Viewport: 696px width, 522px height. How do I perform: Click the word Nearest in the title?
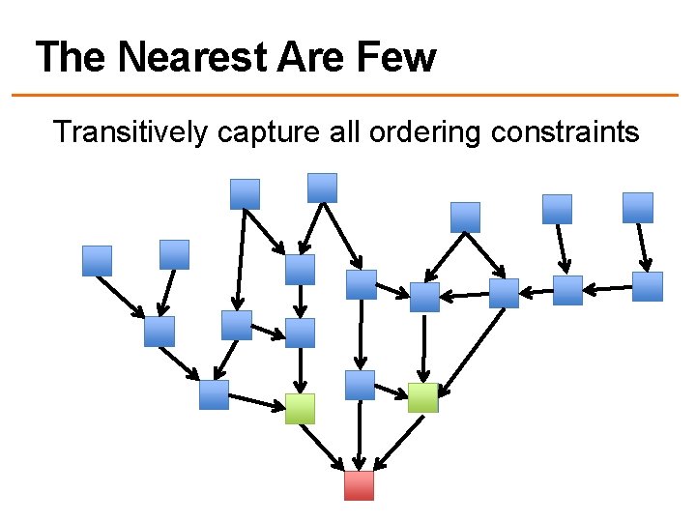[x=192, y=57]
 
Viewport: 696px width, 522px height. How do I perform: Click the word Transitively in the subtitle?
[x=130, y=131]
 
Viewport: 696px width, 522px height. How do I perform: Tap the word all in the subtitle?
[x=343, y=131]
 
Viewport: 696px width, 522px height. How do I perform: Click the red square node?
[x=359, y=485]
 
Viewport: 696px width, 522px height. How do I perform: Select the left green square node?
[x=301, y=409]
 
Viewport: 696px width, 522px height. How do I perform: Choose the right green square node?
[x=422, y=397]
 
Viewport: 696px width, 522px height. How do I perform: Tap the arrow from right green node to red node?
[x=396, y=444]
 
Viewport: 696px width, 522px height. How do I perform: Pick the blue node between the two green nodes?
[x=360, y=385]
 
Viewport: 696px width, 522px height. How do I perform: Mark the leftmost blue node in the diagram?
[x=97, y=260]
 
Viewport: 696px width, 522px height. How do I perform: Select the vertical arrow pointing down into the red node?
[x=360, y=435]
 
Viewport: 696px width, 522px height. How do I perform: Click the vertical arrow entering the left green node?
[x=301, y=371]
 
